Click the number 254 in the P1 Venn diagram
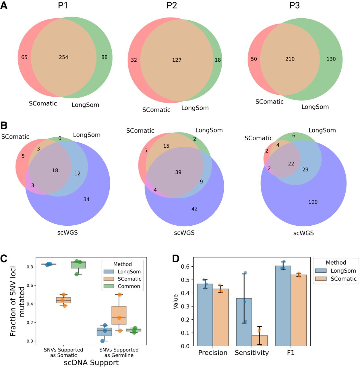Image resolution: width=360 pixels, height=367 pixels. tap(63, 57)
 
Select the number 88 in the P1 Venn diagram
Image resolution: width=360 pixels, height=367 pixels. tap(104, 57)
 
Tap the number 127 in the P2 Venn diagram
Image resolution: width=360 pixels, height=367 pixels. tap(177, 60)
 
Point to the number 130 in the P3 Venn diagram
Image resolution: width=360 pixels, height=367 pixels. tap(331, 59)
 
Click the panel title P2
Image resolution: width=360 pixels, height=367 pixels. tap(172, 5)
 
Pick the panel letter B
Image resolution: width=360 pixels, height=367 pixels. tap(4, 125)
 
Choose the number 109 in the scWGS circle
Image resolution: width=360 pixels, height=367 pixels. tap(313, 202)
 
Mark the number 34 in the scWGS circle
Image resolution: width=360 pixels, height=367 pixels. tap(86, 199)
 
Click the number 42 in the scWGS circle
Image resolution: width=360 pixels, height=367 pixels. tap(194, 209)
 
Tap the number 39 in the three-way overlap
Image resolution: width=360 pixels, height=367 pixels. tap(178, 172)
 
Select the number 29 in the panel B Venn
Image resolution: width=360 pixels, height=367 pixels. tap(305, 169)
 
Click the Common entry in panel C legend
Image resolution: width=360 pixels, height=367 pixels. tap(129, 286)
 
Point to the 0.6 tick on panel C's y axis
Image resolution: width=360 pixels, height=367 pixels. tap(30, 285)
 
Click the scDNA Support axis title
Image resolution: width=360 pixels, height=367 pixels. tap(91, 363)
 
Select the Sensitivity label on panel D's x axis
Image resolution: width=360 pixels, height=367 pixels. tap(252, 353)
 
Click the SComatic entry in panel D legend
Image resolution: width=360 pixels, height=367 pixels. tap(343, 279)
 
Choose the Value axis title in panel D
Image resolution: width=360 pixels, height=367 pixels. tap(176, 301)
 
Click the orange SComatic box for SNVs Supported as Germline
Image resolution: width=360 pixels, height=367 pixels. tap(119, 315)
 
